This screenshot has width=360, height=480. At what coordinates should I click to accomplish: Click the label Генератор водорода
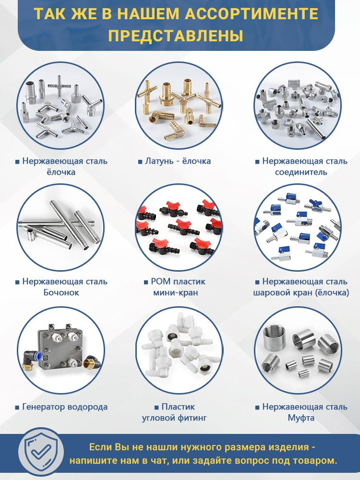65,407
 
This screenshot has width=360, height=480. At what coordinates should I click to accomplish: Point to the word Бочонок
61,292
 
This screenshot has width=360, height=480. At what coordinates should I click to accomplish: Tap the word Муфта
301,418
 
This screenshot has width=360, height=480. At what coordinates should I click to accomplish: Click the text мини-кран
176,292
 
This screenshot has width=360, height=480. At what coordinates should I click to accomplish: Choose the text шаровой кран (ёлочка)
301,292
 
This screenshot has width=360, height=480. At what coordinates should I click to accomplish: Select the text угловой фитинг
174,418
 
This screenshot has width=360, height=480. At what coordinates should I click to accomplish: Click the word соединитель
301,172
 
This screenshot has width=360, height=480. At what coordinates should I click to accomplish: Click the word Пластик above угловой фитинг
178,407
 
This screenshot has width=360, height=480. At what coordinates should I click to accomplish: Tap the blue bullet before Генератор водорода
17,408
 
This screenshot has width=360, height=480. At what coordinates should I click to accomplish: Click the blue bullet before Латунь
140,162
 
